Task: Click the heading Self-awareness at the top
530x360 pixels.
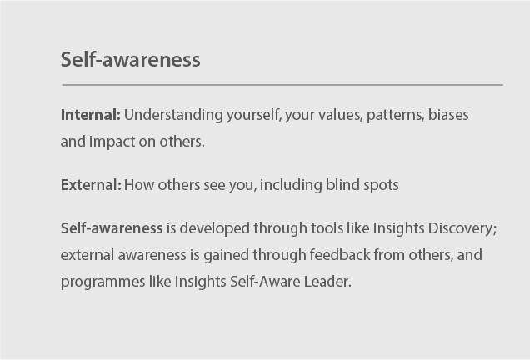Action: click(x=130, y=60)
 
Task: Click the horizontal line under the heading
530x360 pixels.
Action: click(x=282, y=85)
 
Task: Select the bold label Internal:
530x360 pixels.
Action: click(x=91, y=114)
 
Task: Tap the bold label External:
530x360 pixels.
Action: click(x=91, y=184)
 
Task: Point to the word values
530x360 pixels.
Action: click(x=339, y=114)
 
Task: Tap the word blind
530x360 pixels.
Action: click(x=330, y=184)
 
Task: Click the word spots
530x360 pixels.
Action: click(x=378, y=184)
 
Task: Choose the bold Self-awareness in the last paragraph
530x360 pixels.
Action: click(x=112, y=227)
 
